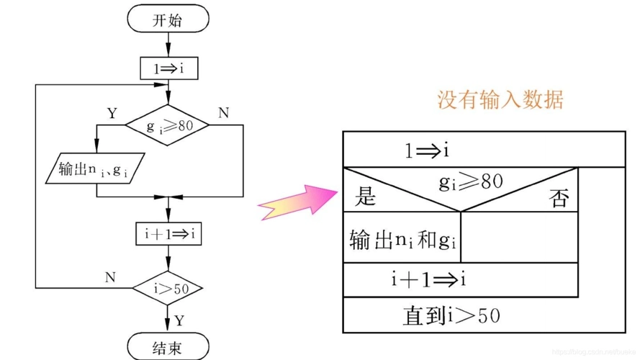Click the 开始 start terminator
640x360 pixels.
coord(167,20)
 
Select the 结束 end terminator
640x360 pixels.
coord(167,348)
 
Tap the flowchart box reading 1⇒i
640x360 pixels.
coord(168,68)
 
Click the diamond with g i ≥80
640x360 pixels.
coord(167,125)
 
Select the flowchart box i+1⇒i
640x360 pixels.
coord(168,234)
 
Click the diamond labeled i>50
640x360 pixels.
coord(168,288)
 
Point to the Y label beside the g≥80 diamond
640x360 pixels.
coord(112,113)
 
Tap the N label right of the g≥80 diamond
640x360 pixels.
coord(223,113)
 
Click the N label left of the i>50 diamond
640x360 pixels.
coord(110,276)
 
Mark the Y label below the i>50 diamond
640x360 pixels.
coord(180,319)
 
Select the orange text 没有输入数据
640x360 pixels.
coord(500,99)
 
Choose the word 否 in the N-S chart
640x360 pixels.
coord(559,199)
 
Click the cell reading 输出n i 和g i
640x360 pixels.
coord(402,239)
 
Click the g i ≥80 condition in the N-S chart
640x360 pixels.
coord(471,183)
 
